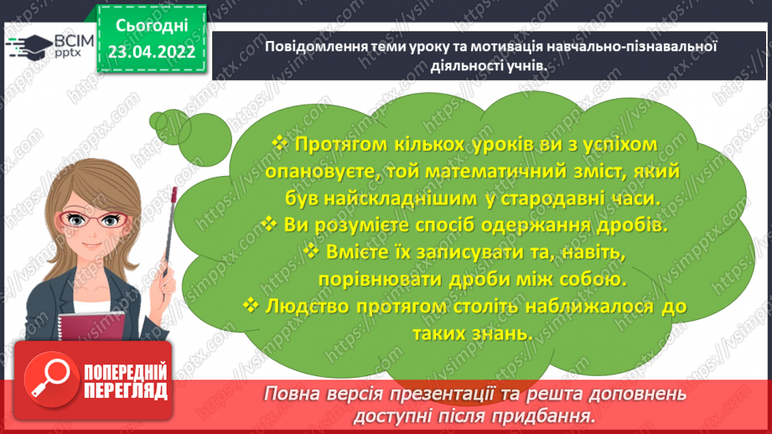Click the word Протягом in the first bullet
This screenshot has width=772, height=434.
click(334, 145)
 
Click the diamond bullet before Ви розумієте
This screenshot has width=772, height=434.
click(268, 225)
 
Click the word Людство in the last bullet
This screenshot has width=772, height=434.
click(308, 306)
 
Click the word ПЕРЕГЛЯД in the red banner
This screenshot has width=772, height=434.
click(126, 390)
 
